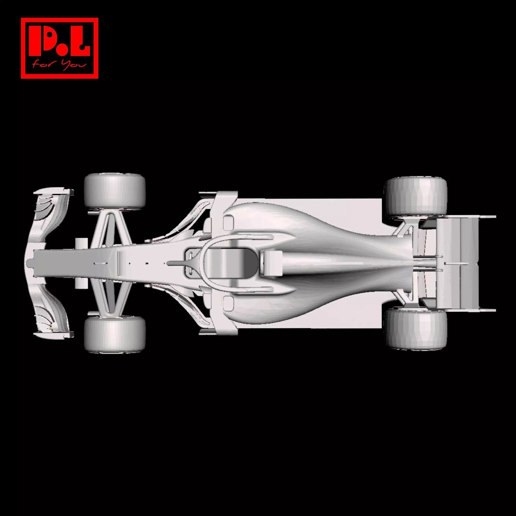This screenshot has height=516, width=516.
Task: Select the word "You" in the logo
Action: pyautogui.click(x=73, y=65)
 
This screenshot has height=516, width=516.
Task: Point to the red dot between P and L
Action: pyautogui.click(x=61, y=51)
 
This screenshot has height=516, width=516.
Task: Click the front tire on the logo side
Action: pyautogui.click(x=115, y=191)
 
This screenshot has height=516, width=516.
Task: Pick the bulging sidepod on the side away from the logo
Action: pyautogui.click(x=267, y=307)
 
